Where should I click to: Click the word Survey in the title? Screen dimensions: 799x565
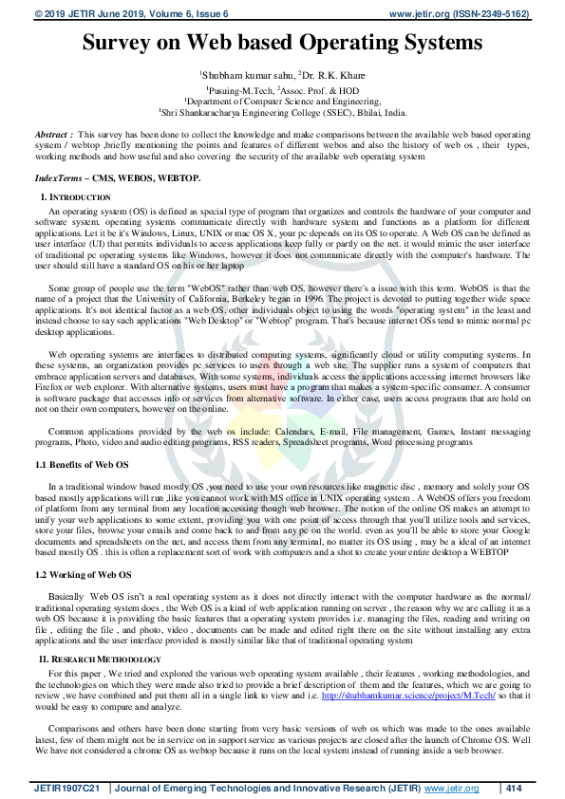(x=121, y=43)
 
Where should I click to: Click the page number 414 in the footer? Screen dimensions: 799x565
(x=515, y=788)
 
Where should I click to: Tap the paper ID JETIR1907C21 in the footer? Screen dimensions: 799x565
(x=70, y=788)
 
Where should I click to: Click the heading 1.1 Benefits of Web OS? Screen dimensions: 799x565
(x=83, y=465)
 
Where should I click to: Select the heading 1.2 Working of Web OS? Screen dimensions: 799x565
(x=83, y=575)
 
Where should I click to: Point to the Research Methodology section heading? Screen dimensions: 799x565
(x=107, y=659)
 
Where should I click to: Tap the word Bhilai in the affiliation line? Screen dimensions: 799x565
(x=356, y=112)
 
